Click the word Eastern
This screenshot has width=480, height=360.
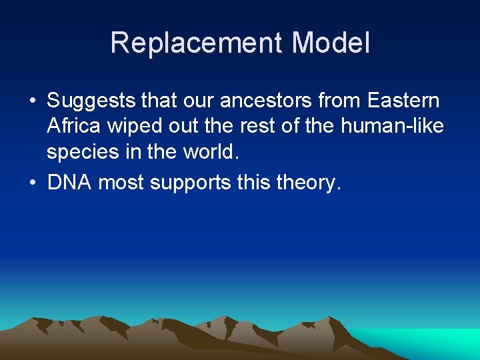[403, 101]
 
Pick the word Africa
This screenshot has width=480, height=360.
[72, 127]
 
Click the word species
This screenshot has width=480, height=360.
[82, 152]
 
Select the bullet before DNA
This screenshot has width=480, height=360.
[32, 183]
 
